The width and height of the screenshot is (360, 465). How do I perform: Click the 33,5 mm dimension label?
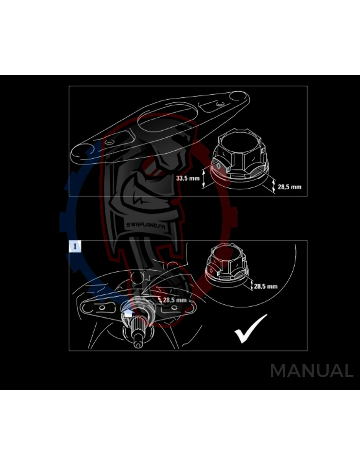[188, 178]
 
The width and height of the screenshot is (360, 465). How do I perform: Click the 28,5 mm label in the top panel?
[290, 187]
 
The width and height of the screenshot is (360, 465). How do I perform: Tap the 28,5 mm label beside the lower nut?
[266, 286]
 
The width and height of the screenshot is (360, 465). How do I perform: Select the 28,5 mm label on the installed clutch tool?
[175, 300]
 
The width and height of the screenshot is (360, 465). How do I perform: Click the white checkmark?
[251, 328]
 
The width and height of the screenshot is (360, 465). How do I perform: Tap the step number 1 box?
[75, 246]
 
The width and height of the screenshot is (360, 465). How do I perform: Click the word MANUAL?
[312, 371]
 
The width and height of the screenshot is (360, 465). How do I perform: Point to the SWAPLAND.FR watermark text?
[146, 226]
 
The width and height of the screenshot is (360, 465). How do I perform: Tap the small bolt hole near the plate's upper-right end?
[219, 105]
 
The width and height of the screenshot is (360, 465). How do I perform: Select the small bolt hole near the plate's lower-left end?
[110, 142]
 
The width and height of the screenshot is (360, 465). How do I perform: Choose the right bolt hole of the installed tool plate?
[174, 308]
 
